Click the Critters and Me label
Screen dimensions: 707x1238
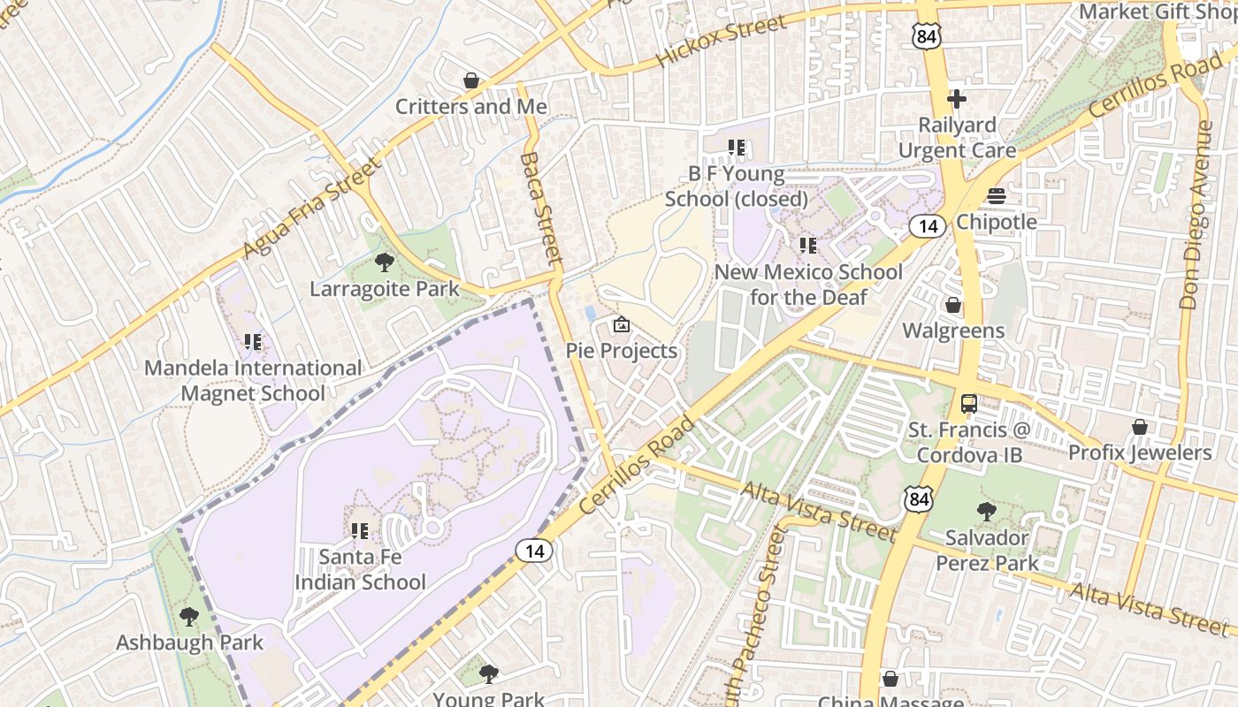click(x=470, y=107)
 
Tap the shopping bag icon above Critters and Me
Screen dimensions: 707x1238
click(x=471, y=81)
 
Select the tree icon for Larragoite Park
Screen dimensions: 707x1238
click(x=384, y=262)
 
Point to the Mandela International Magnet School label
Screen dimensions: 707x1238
click(x=253, y=380)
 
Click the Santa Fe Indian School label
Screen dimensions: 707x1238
click(x=360, y=569)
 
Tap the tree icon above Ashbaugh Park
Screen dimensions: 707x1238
click(x=188, y=616)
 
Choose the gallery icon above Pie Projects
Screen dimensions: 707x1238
click(x=622, y=325)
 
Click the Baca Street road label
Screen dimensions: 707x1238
click(x=541, y=209)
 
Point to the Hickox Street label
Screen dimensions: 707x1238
click(x=721, y=42)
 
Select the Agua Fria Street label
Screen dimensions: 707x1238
click(x=310, y=209)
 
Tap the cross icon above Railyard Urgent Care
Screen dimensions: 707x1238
click(x=957, y=99)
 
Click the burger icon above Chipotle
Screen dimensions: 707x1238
click(x=997, y=196)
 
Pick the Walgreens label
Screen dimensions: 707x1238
click(x=953, y=331)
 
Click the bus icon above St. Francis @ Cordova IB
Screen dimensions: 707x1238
click(x=969, y=405)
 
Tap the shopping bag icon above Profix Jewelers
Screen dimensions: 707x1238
click(x=1140, y=428)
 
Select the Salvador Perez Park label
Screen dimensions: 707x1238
click(x=987, y=550)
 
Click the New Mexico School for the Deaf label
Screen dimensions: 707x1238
click(x=808, y=284)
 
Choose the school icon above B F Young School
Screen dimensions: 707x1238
click(x=737, y=148)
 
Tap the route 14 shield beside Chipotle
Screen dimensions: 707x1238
click(x=928, y=227)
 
